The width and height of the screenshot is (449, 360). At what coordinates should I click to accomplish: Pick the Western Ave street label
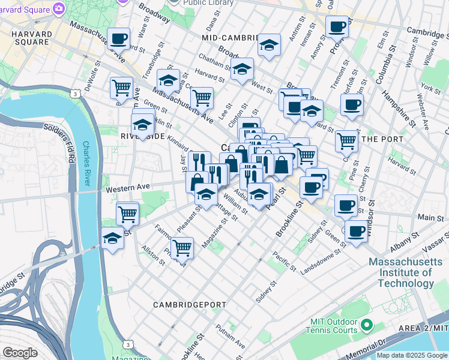pyautogui.click(x=127, y=189)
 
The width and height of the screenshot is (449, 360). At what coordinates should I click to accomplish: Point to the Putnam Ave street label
pyautogui.click(x=231, y=337)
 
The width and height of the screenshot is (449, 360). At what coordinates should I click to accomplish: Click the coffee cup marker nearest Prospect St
pyautogui.click(x=337, y=27)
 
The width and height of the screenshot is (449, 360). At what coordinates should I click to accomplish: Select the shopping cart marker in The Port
pyautogui.click(x=346, y=141)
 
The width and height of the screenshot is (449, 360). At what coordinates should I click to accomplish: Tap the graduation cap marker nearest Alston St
pyautogui.click(x=112, y=238)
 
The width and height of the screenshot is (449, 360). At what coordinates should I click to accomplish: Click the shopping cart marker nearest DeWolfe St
pyautogui.click(x=121, y=87)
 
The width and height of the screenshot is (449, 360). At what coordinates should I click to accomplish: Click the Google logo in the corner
pyautogui.click(x=20, y=352)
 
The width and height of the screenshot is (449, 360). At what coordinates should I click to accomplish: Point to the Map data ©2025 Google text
pyautogui.click(x=411, y=355)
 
